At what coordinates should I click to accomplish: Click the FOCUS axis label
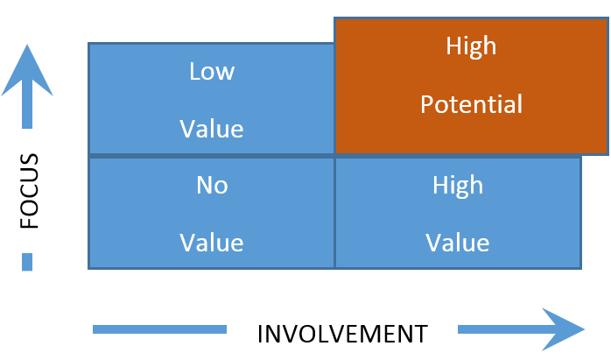click(30, 191)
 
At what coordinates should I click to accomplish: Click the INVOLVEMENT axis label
click(342, 334)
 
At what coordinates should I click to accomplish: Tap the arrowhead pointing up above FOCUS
click(27, 70)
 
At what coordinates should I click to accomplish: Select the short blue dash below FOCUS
click(27, 262)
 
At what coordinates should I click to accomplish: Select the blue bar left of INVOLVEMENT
click(159, 329)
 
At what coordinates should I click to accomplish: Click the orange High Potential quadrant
click(471, 86)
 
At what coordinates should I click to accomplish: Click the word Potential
click(471, 105)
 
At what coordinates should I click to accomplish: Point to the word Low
click(212, 71)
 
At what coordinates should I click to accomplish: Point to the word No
click(212, 185)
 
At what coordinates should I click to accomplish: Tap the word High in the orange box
click(471, 46)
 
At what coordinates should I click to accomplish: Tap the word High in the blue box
click(457, 185)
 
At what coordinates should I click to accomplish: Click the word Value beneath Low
click(212, 129)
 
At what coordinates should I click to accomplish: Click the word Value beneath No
click(212, 243)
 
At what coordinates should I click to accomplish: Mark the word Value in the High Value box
click(457, 243)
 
